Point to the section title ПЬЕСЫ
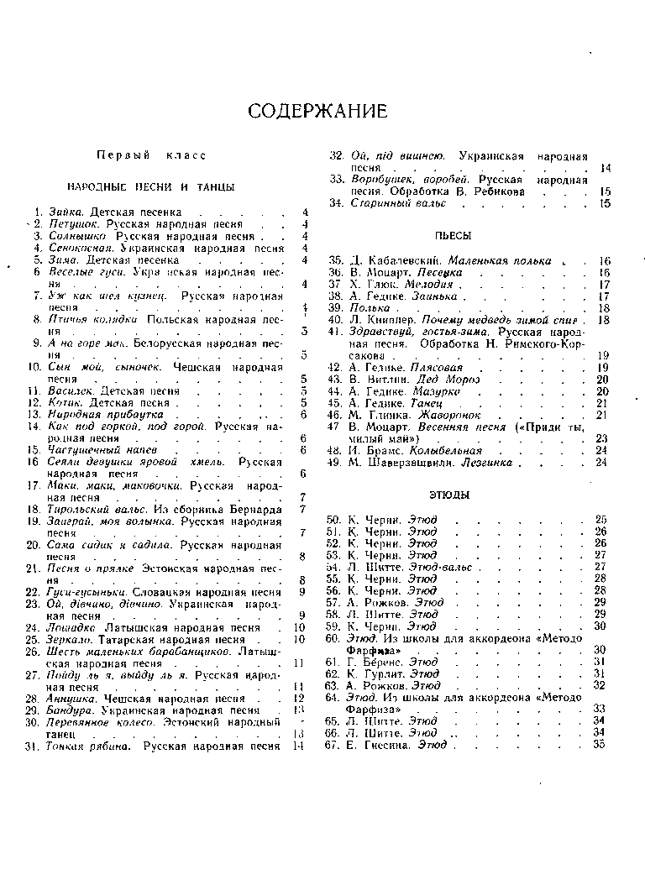pos(454,236)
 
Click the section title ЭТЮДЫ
pos(454,495)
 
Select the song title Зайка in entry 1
pos(66,212)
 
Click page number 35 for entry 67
pos(599,745)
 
